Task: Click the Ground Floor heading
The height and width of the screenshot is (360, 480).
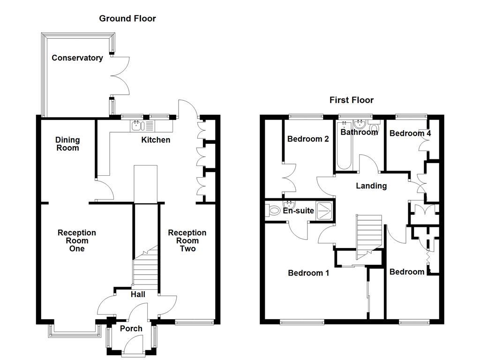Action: click(127, 19)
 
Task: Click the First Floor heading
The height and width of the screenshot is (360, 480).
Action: click(351, 100)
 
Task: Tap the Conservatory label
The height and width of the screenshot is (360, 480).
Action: click(77, 58)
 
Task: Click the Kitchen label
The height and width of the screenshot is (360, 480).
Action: click(156, 140)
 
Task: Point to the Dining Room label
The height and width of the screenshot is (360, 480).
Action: click(67, 144)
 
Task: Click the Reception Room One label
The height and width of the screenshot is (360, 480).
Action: click(77, 240)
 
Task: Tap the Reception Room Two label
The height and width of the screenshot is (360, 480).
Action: click(187, 240)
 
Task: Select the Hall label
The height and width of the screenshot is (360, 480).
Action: click(138, 294)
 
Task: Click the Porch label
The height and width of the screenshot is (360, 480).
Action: click(131, 329)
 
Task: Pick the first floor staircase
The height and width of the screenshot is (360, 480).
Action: click(369, 234)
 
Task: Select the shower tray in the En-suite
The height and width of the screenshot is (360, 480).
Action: click(324, 210)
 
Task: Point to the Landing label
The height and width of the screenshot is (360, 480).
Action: click(371, 186)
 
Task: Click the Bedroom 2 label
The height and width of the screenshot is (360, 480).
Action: click(307, 139)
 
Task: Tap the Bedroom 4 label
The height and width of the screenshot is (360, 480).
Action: click(410, 134)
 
